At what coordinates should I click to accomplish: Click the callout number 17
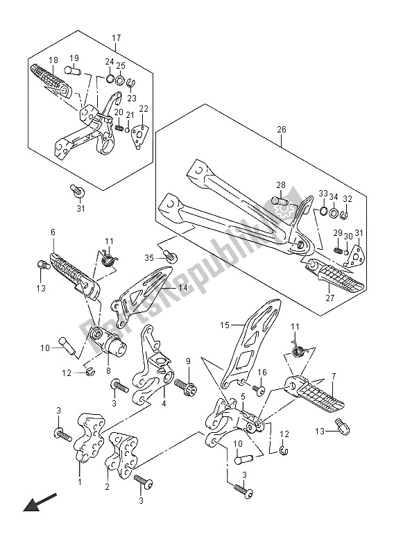click(117, 37)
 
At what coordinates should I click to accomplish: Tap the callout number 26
click(282, 130)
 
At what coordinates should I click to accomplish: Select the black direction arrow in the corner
click(40, 502)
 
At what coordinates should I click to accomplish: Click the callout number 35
click(149, 257)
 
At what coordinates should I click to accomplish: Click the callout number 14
click(182, 288)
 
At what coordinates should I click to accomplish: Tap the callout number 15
click(225, 325)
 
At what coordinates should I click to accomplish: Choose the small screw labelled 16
click(260, 388)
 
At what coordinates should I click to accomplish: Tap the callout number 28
click(281, 185)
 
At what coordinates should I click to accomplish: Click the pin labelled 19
click(72, 71)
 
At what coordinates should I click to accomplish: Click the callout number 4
click(164, 402)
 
